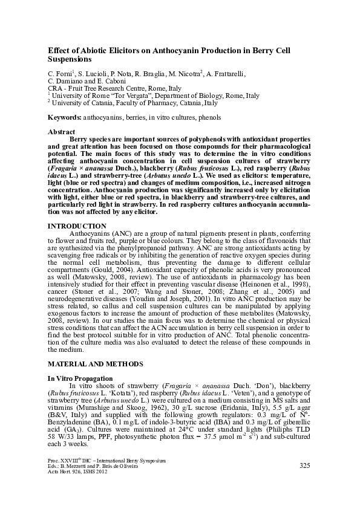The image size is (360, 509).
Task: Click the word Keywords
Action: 64,117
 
